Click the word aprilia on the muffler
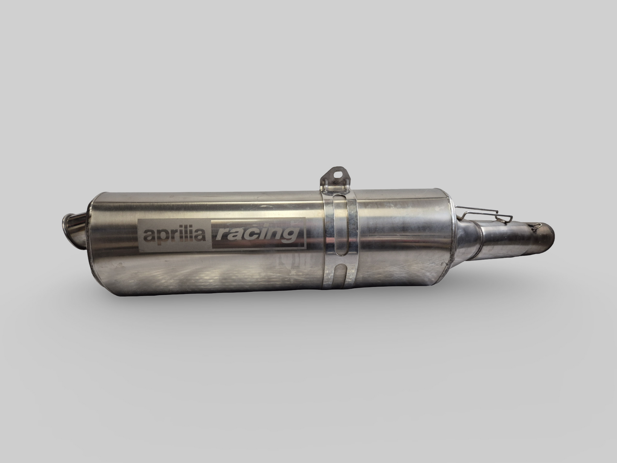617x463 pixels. click(173, 234)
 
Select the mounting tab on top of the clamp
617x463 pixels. click(336, 178)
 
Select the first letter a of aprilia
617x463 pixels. click(148, 236)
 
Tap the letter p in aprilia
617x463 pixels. click(158, 237)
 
